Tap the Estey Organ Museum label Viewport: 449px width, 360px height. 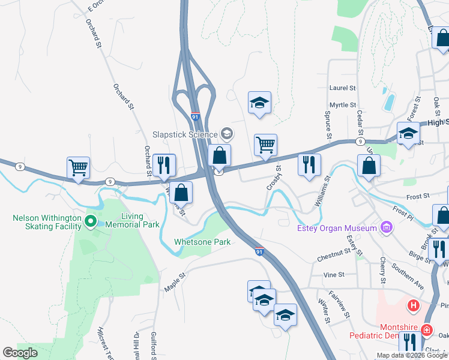pos(337,227)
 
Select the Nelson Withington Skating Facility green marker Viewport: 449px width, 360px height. pos(91,222)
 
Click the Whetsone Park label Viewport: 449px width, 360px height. pos(202,242)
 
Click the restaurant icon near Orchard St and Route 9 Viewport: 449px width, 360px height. pos(164,165)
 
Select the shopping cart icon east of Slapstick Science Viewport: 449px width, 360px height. pos(265,144)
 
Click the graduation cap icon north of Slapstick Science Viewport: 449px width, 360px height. pos(259,103)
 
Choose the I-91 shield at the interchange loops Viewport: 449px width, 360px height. pos(196,116)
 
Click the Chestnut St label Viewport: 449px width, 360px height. pos(334,259)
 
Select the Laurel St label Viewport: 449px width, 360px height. pos(343,88)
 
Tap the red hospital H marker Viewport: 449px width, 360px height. pos(413,306)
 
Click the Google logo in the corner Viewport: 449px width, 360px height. pos(20,353)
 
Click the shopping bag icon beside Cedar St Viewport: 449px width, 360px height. pos(368,165)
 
